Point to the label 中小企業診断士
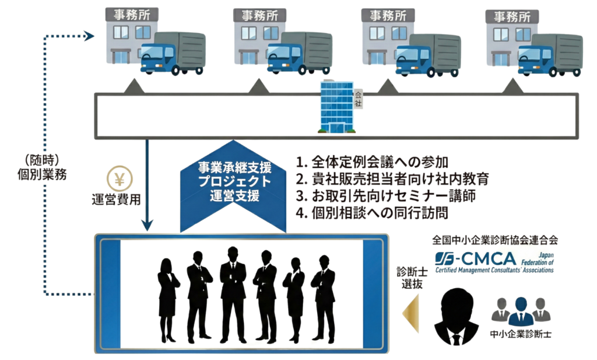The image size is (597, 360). click(x=521, y=334)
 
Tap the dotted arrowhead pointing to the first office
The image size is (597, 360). click(x=89, y=36)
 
